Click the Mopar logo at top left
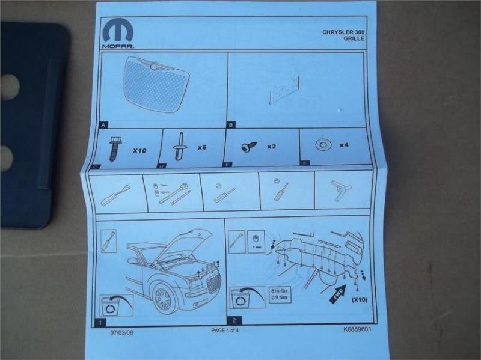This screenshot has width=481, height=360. tap(118, 34)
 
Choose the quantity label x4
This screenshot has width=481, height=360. tap(345, 145)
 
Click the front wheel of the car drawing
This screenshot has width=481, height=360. tap(164, 296)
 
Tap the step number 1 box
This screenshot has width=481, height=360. tap(100, 322)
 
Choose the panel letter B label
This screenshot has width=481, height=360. tap(230, 125)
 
